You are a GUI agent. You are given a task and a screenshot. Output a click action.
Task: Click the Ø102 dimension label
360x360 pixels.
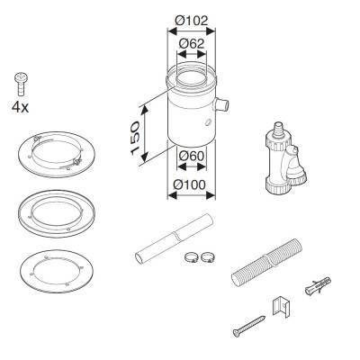tap(192, 21)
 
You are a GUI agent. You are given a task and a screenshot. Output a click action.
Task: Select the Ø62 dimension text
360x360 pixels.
tap(192, 44)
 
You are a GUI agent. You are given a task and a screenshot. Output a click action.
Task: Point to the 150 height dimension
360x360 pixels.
tap(135, 138)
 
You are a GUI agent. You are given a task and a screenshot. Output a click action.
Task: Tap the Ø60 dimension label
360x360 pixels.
tap(192, 156)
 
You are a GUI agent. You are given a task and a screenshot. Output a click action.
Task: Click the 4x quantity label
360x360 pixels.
tap(20, 107)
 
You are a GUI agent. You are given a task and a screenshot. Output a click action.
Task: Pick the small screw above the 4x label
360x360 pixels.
tap(21, 83)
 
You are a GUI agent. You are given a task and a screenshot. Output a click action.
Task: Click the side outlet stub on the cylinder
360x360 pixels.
tap(221, 105)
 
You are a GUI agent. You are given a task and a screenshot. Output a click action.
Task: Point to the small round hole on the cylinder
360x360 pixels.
tap(208, 122)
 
